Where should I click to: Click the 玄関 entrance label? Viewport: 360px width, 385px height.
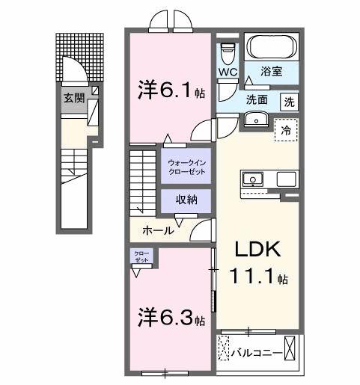pos(73,98)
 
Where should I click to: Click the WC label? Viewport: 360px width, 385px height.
pos(228,72)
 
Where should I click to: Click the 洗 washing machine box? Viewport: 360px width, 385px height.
pos(288,102)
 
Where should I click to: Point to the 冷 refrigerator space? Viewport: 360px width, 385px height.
pos(286,129)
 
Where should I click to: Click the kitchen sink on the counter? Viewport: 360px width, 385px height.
pos(252,179)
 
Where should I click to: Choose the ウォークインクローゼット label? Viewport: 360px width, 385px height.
pos(185,167)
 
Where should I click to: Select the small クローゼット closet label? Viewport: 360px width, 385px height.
pos(141,256)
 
